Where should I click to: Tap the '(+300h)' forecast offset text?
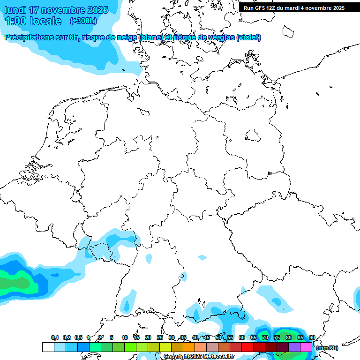[x=83, y=21]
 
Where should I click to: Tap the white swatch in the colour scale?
[x=48, y=347]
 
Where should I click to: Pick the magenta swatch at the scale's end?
[x=306, y=347]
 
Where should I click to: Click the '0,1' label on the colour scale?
[x=55, y=337]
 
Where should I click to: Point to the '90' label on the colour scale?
[x=312, y=337]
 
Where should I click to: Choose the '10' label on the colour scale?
[x=124, y=337]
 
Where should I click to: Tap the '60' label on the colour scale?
[x=241, y=337]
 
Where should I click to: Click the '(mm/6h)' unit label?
[x=327, y=348]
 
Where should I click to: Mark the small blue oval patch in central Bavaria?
[x=202, y=257]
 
